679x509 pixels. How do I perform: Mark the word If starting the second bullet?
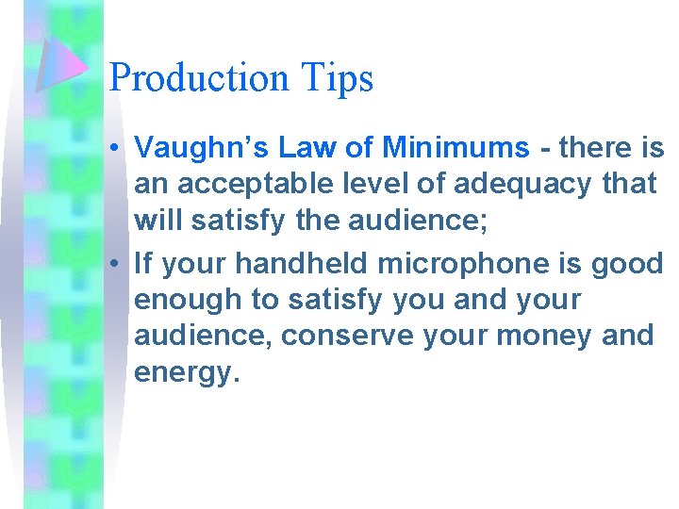click(x=143, y=265)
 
